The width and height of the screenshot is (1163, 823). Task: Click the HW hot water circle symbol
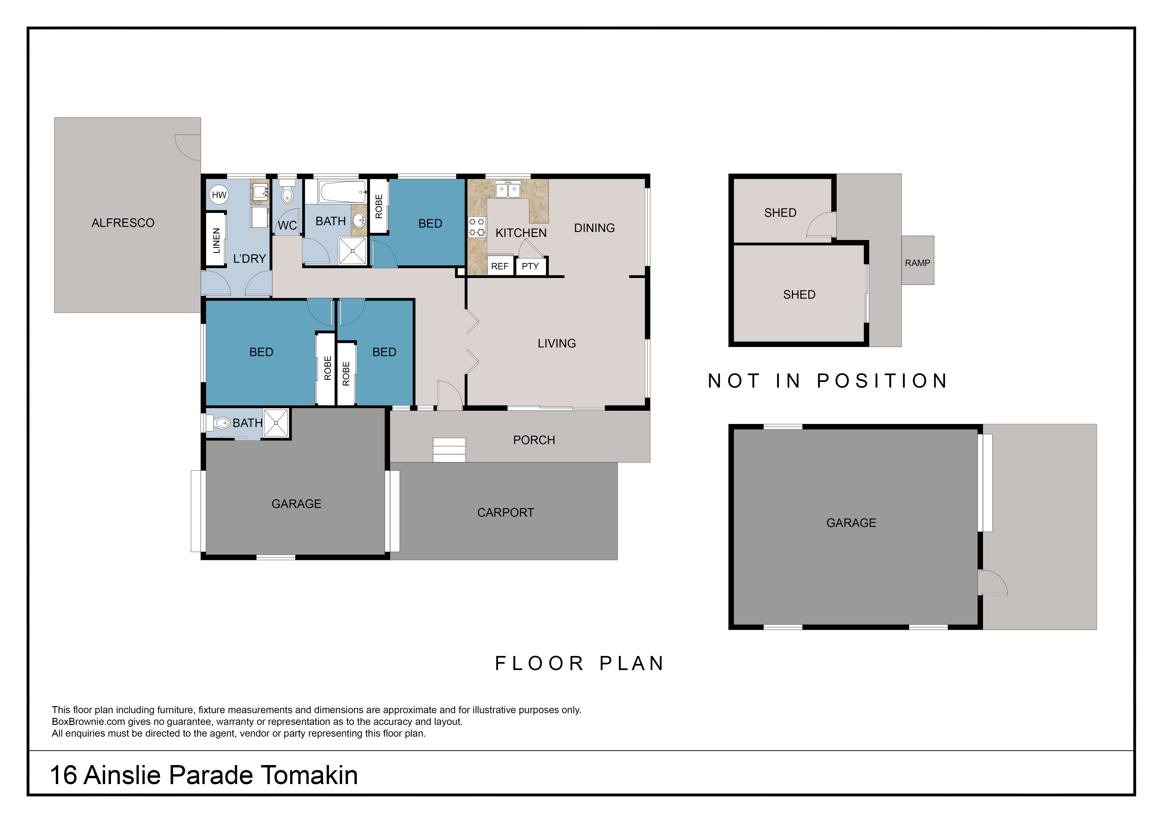point(219,195)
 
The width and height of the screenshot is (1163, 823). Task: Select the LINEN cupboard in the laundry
point(216,240)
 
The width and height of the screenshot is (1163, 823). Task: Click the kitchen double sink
point(508,190)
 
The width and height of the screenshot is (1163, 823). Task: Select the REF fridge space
point(499,266)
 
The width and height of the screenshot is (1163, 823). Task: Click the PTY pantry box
point(530,266)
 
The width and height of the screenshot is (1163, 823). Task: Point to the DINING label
point(594,228)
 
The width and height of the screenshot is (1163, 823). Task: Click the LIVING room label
point(557,344)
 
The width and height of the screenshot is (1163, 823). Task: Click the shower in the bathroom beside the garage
point(276,423)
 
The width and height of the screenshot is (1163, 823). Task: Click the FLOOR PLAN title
point(580,663)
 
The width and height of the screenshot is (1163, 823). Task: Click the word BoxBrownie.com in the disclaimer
point(88,722)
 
